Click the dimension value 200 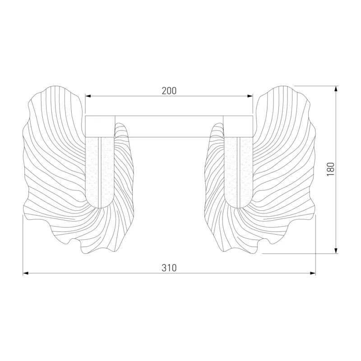[x=169, y=91]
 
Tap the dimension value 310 [x=169, y=268]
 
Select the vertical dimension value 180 [x=331, y=170]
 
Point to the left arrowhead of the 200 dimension [x=88, y=96]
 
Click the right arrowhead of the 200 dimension [x=250, y=96]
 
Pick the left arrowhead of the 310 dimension [x=26, y=273]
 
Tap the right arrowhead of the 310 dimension [x=313, y=273]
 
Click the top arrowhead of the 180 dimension [x=336, y=89]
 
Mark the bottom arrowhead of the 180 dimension [x=336, y=250]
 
